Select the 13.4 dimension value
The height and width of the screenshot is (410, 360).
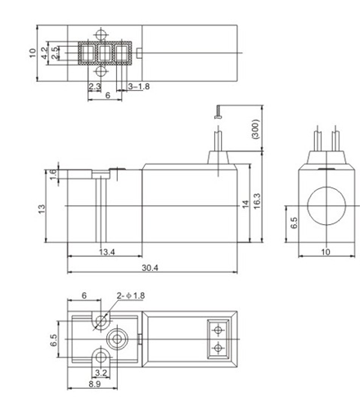coord(106,251)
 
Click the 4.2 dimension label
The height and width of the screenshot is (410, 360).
coord(46,52)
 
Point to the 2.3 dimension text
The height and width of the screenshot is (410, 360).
coord(94,86)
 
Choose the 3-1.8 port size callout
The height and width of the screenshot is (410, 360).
coord(138,86)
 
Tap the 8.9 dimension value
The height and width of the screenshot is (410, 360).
coord(95,384)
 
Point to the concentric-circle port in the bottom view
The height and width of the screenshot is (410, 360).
coord(119,337)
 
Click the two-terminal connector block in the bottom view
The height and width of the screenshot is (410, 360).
coord(218,337)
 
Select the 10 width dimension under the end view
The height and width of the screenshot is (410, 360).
coord(326,252)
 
